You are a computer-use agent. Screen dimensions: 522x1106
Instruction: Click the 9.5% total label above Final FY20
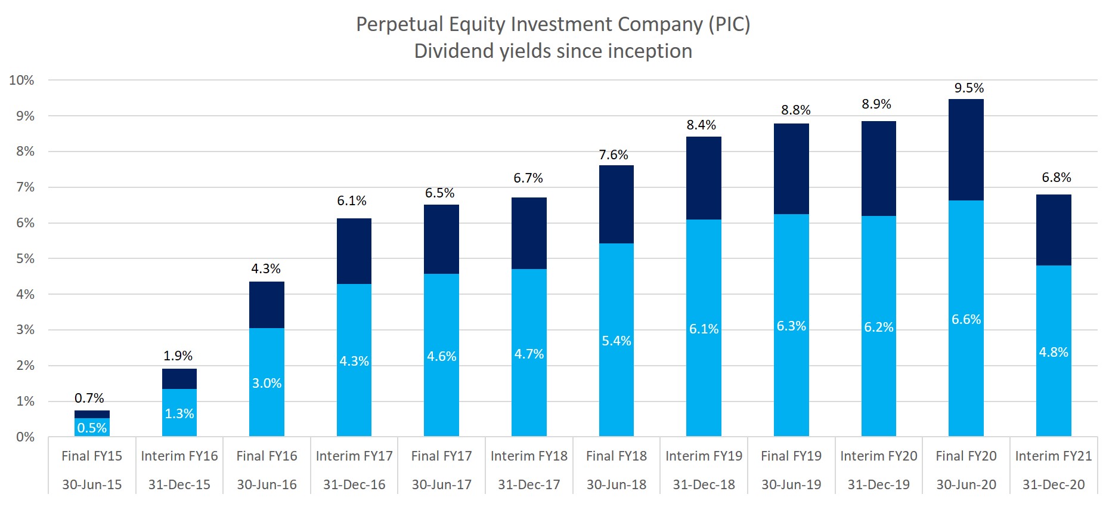coord(969,88)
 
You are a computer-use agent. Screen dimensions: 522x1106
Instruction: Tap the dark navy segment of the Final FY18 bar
coord(616,204)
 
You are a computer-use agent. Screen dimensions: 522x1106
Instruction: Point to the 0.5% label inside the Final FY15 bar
coord(92,428)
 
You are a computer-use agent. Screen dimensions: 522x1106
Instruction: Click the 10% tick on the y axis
coord(21,80)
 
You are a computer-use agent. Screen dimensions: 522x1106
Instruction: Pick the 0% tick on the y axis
coord(25,437)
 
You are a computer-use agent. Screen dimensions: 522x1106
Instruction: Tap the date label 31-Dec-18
coord(704,484)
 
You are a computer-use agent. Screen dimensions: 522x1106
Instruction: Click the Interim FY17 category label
coord(354,456)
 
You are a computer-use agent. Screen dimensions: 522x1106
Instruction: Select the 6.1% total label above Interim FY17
coord(352,201)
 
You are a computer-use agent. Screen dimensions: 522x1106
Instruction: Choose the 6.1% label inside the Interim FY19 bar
coord(704,329)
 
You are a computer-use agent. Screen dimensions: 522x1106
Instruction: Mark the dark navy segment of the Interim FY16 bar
coord(179,379)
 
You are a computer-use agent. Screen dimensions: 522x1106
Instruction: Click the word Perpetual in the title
coord(399,24)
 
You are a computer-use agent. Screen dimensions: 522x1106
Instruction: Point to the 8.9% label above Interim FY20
coord(876,104)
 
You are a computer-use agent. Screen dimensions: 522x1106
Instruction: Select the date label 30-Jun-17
coord(441,484)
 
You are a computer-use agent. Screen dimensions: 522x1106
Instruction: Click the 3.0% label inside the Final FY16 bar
coord(267,383)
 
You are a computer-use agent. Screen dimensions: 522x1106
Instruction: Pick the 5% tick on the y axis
coord(25,258)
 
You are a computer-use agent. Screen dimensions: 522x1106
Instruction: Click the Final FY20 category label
coord(966,456)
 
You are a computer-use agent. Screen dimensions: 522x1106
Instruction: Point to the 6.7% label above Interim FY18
coord(528,178)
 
